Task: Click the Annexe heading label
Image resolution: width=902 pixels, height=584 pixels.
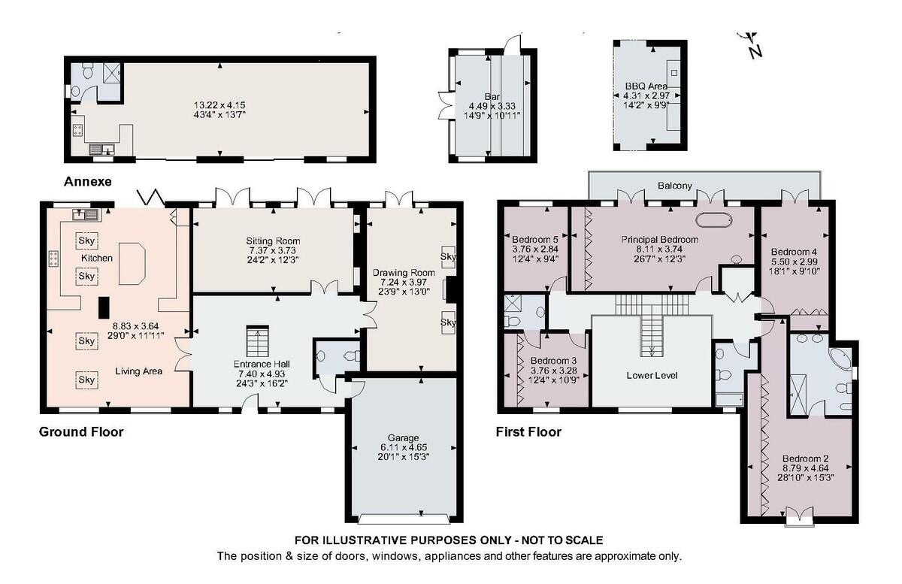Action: [x=88, y=182]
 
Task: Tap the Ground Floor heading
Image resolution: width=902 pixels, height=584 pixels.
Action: [x=81, y=431]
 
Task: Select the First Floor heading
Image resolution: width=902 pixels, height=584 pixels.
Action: [x=528, y=431]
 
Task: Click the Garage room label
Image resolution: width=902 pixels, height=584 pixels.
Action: [x=403, y=437]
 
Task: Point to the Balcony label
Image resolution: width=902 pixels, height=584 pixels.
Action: [x=674, y=186]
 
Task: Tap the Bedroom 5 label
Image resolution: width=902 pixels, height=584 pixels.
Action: [x=534, y=239]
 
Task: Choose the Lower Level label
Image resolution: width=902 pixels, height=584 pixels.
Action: [x=652, y=375]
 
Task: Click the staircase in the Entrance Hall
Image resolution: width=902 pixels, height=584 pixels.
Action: [x=257, y=341]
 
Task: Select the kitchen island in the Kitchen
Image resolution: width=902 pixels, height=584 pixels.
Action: [x=132, y=264]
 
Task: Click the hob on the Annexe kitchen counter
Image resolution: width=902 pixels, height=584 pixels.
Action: [x=77, y=130]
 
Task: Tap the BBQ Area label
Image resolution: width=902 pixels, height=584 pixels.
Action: [x=646, y=86]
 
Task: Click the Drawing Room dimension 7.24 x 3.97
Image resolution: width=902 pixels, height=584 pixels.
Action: [x=404, y=282]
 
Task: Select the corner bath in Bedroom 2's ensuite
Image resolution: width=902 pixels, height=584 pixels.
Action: [x=840, y=362]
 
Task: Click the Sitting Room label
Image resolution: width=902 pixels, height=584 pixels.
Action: [x=273, y=241]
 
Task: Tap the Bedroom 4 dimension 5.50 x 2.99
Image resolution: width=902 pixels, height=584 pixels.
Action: [x=794, y=262]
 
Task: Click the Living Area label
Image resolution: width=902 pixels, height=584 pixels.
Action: [x=138, y=371]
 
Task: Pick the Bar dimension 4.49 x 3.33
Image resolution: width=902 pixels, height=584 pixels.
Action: [x=492, y=106]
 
